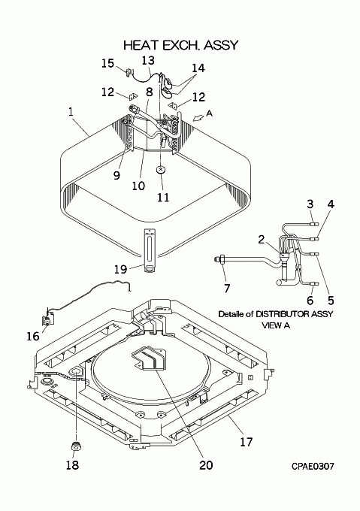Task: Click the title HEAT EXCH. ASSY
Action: [181, 45]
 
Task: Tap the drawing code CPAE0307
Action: [313, 467]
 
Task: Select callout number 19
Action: [120, 269]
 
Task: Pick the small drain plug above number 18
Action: [76, 446]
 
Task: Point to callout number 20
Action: [206, 464]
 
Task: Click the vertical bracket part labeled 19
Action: [149, 250]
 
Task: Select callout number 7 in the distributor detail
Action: [227, 288]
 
